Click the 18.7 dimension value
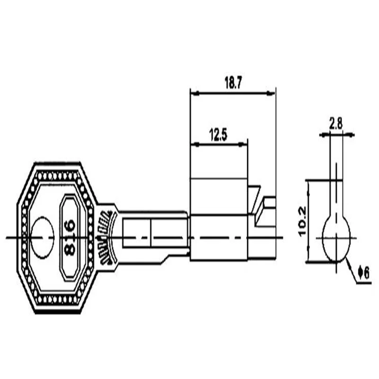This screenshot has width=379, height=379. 233,83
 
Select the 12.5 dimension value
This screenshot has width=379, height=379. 218,135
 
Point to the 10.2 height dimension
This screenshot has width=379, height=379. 302,221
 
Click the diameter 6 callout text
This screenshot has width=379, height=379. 364,273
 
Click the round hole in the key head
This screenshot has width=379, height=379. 42,237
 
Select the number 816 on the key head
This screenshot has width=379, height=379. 70,237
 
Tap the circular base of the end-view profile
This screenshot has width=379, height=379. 336,239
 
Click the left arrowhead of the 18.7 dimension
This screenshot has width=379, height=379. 195,93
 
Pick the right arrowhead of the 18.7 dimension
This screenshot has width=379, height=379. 271,93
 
